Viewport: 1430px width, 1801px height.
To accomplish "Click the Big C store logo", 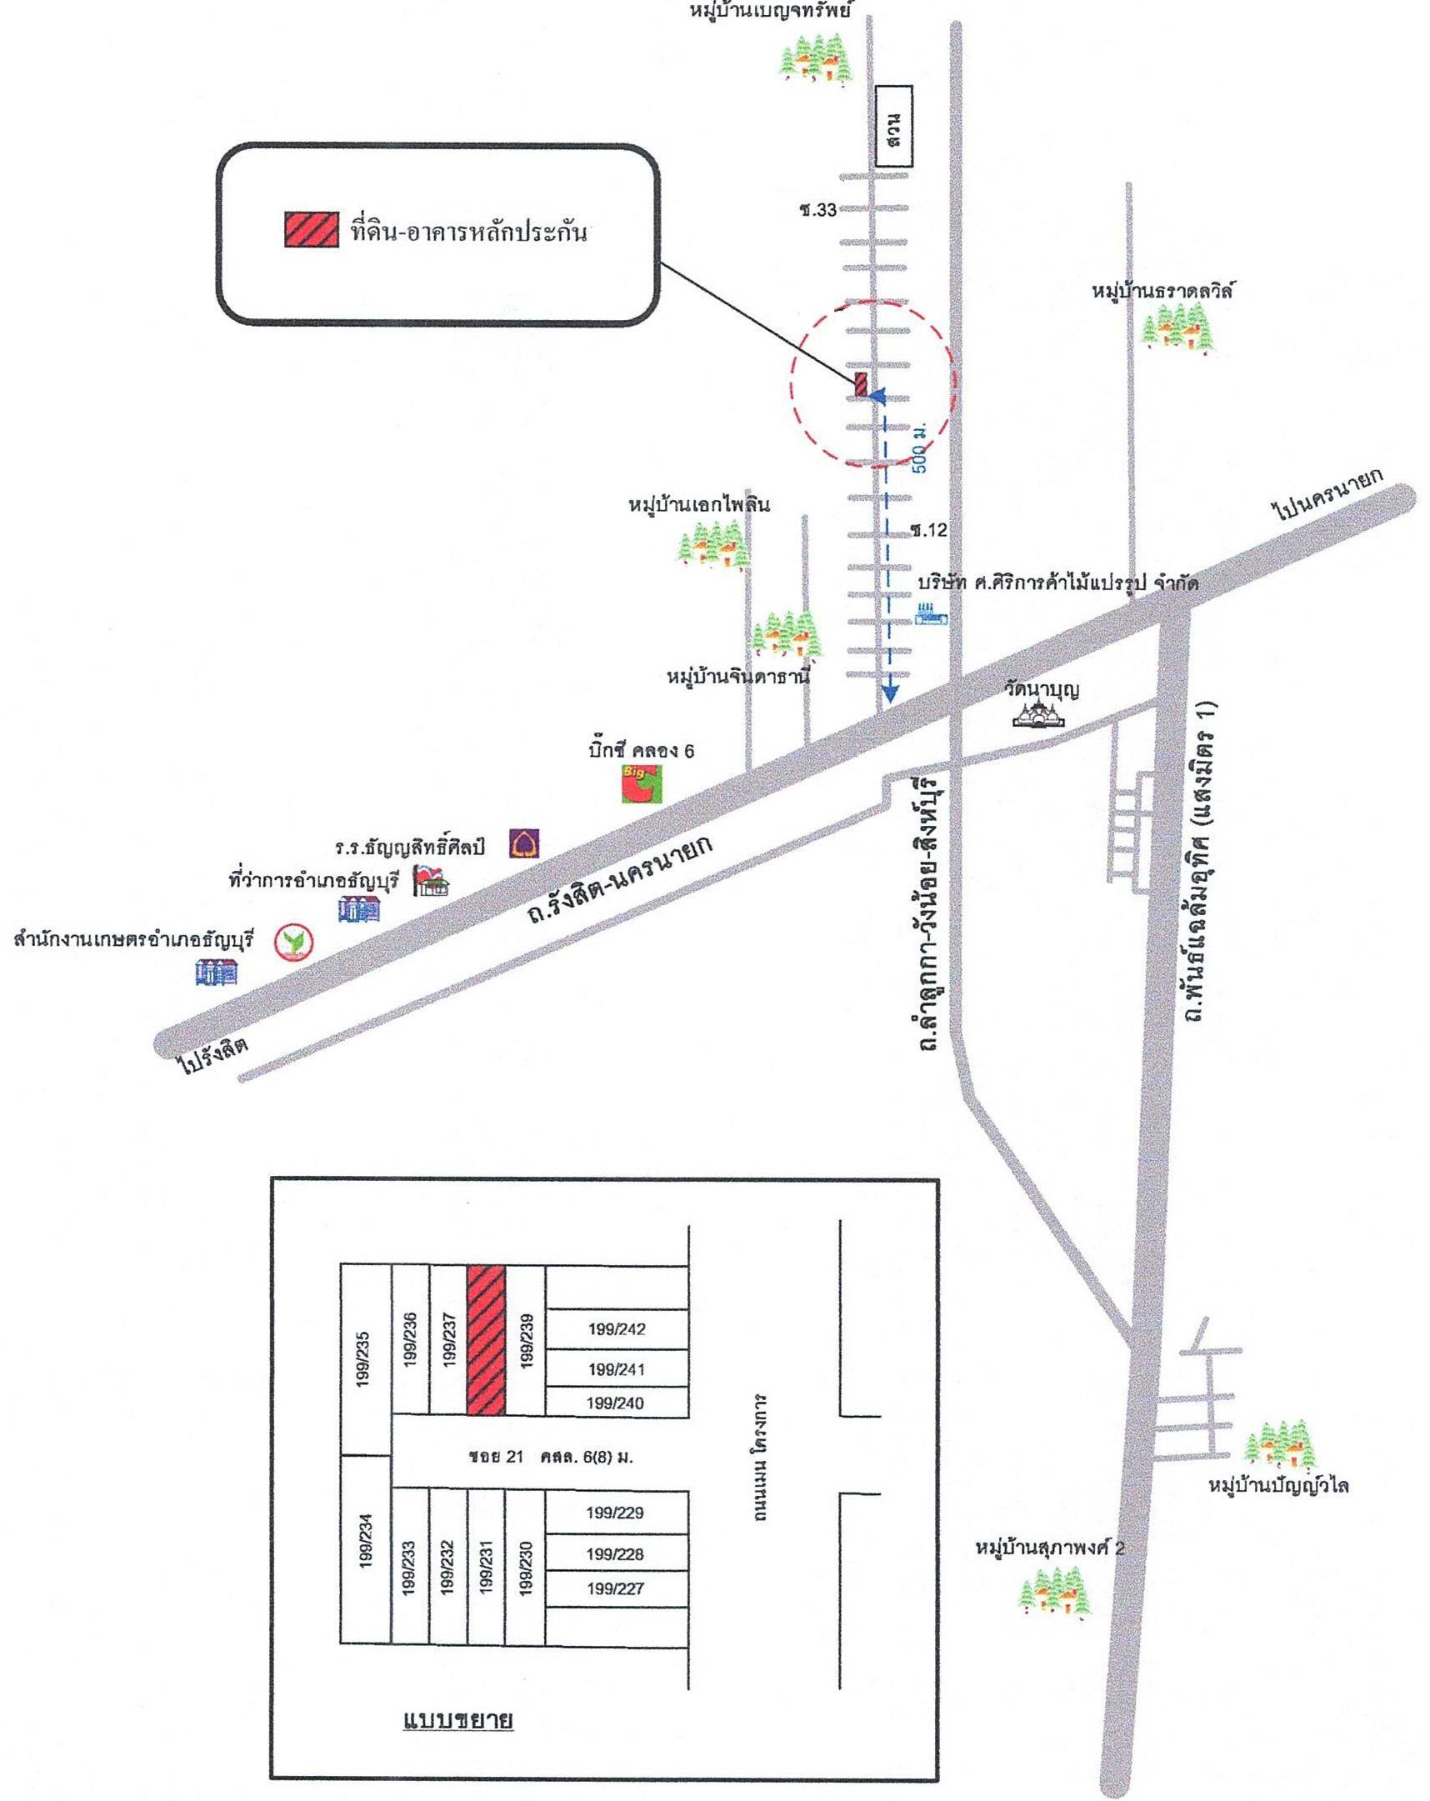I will pyautogui.click(x=641, y=783).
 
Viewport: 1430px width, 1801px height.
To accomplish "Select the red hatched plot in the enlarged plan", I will pyautogui.click(x=485, y=1339).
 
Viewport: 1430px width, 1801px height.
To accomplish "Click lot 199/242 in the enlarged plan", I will pyautogui.click(x=616, y=1329).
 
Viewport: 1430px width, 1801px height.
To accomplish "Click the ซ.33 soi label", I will pyautogui.click(x=817, y=210).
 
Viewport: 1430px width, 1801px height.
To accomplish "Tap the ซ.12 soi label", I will pyautogui.click(x=928, y=529).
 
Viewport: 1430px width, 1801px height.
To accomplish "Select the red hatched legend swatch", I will pyautogui.click(x=312, y=230).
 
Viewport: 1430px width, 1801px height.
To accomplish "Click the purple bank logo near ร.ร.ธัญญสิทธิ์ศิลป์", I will pyautogui.click(x=523, y=843).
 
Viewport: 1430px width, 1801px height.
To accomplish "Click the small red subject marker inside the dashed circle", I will pyautogui.click(x=860, y=385).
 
